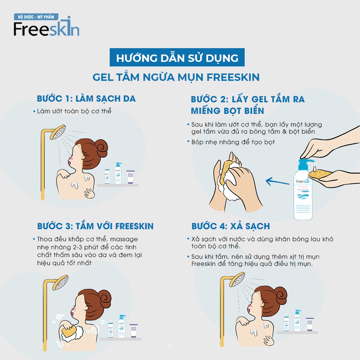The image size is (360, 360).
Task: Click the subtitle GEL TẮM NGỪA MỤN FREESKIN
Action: pyautogui.click(x=176, y=77)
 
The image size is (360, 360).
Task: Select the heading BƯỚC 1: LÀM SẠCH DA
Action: pyautogui.click(x=86, y=98)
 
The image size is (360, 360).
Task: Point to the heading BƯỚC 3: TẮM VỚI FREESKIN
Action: pyautogui.click(x=95, y=226)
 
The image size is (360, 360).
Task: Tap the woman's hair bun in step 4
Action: pyautogui.click(x=280, y=293)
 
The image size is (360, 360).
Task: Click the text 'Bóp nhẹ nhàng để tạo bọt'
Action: pyautogui.click(x=233, y=142)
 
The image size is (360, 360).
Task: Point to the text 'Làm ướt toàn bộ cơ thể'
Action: pyautogui.click(x=74, y=111)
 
